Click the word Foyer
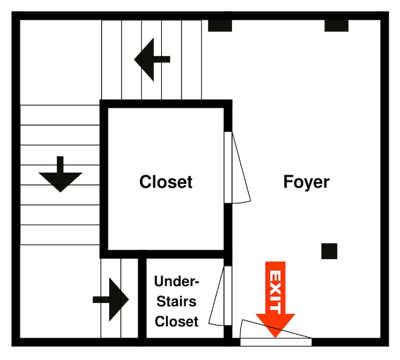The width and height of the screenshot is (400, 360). pyautogui.click(x=306, y=182)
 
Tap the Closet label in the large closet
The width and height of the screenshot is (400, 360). pyautogui.click(x=166, y=182)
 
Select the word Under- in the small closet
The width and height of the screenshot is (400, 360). pyautogui.click(x=176, y=281)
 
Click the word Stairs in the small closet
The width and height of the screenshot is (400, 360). pyautogui.click(x=176, y=301)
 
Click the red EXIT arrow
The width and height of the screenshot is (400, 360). pyautogui.click(x=275, y=300)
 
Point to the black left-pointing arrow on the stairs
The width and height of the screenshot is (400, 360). pyautogui.click(x=152, y=60)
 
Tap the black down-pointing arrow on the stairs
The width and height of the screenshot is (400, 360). pyautogui.click(x=60, y=174)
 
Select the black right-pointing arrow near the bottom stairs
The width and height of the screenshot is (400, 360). pyautogui.click(x=111, y=300)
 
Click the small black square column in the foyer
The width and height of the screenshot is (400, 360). pyautogui.click(x=329, y=251)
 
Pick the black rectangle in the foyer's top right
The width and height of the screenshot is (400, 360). pyautogui.click(x=336, y=26)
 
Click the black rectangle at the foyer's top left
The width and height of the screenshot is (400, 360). pyautogui.click(x=220, y=26)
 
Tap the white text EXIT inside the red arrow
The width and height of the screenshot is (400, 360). pyautogui.click(x=275, y=292)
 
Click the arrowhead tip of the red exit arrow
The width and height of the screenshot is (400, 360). pyautogui.click(x=275, y=338)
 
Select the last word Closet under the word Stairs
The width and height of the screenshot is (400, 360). pyautogui.click(x=176, y=322)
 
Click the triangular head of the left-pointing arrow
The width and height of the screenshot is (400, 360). pyautogui.click(x=144, y=60)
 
